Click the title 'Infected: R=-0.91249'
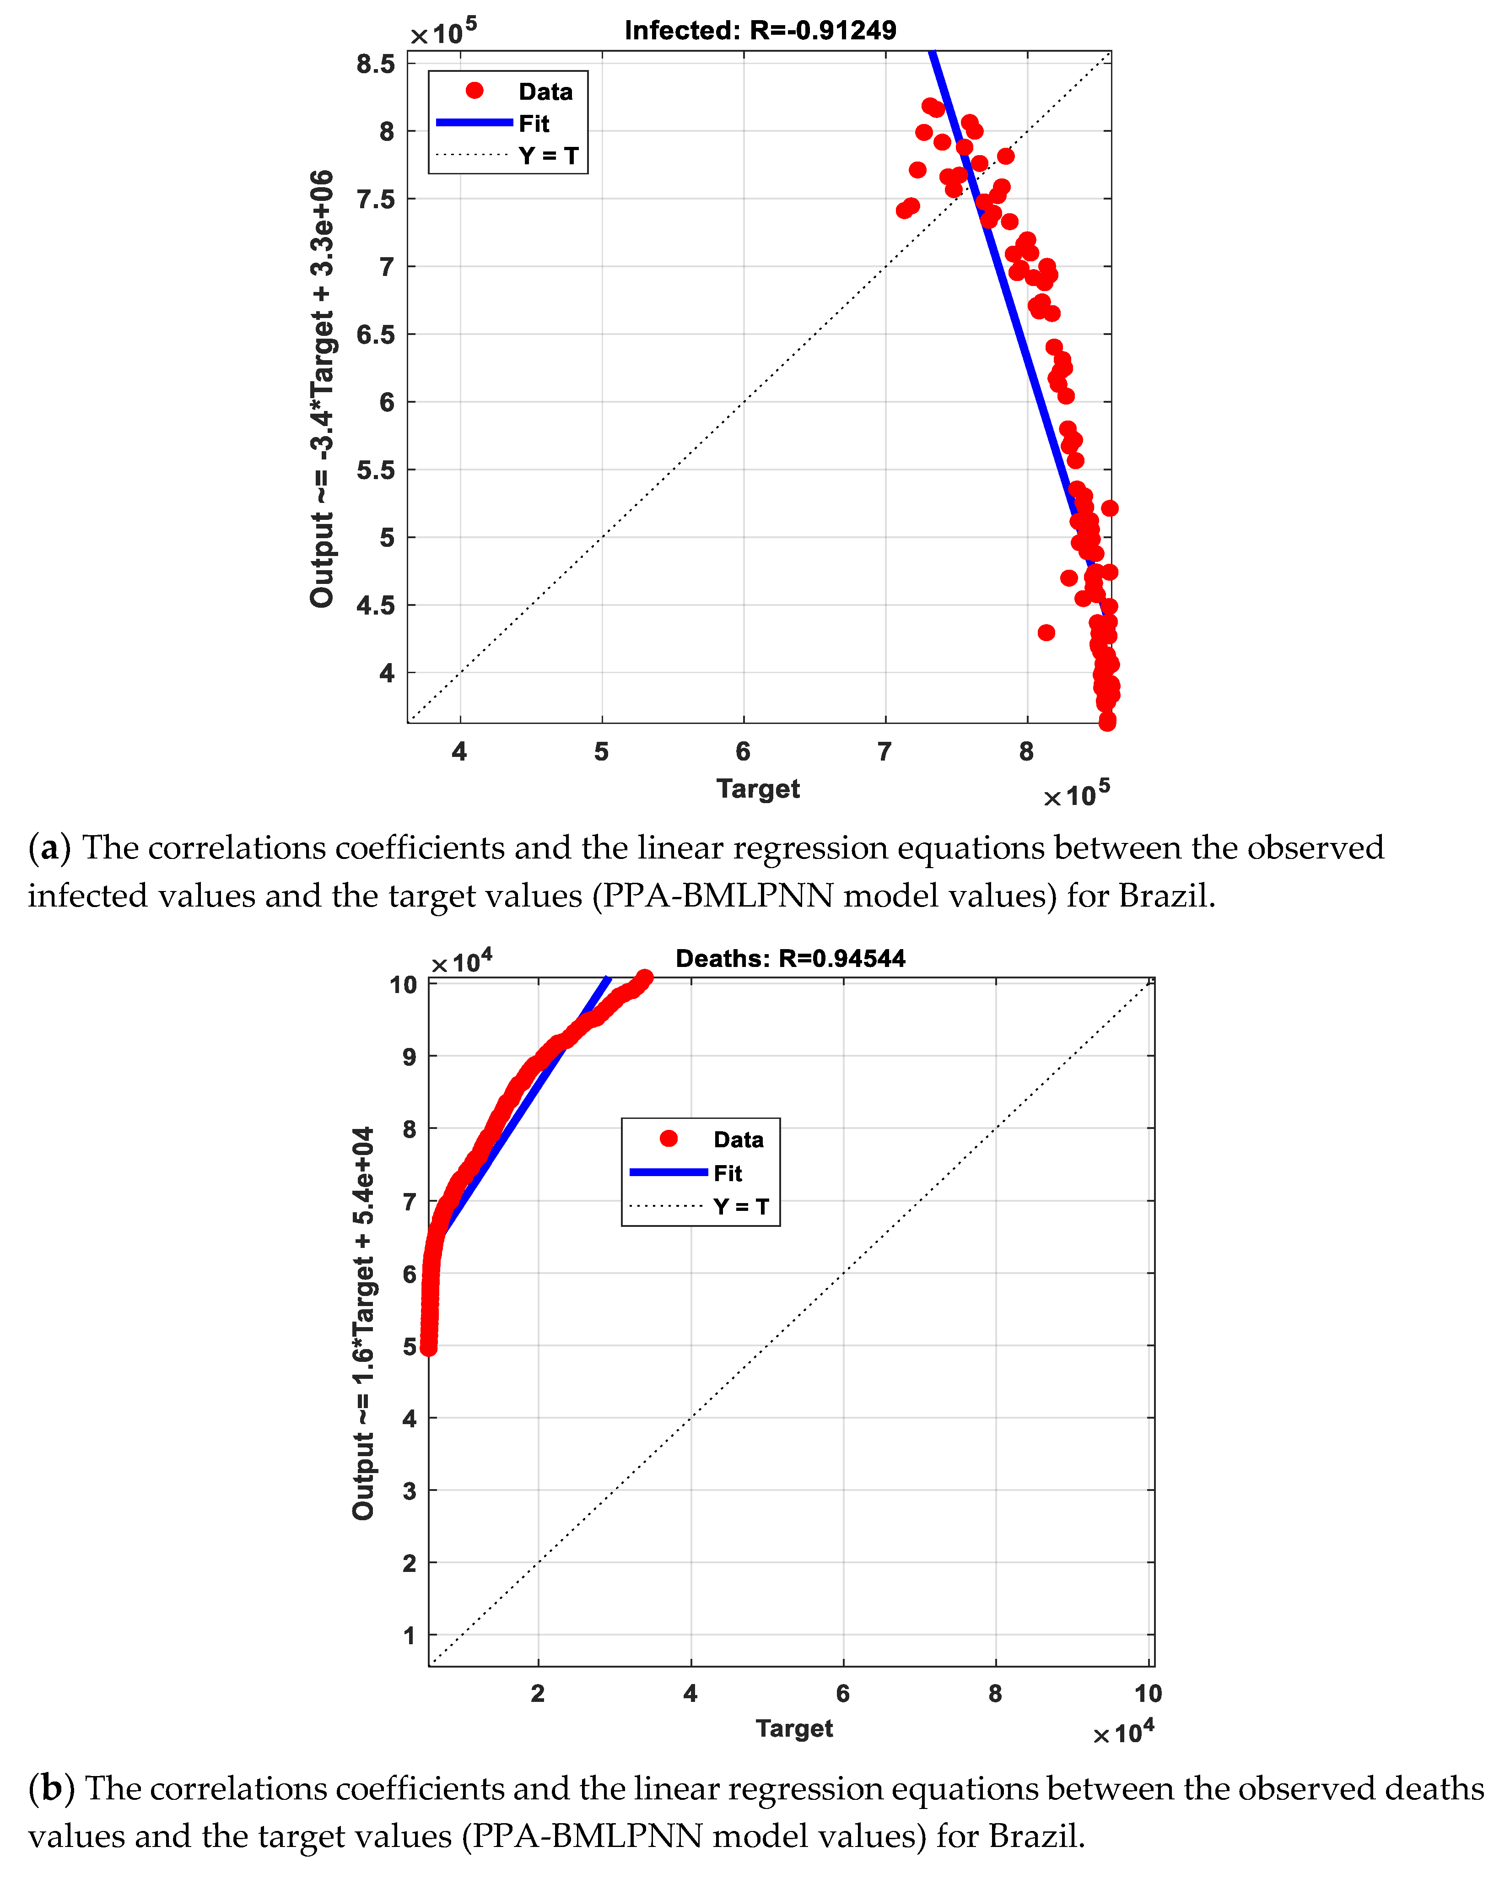coord(760,31)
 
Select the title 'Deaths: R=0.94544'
coord(790,959)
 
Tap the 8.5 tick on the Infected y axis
coord(376,64)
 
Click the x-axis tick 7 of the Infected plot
coord(884,751)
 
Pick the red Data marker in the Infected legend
coord(475,91)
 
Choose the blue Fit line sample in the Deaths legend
coord(669,1172)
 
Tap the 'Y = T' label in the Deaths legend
coord(741,1206)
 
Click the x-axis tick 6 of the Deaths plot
coord(842,1693)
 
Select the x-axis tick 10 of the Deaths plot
coord(1148,1693)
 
